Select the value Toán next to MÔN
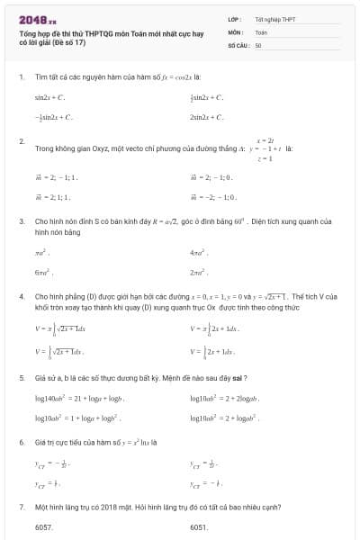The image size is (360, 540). pyautogui.click(x=261, y=31)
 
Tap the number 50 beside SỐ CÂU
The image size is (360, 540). pyautogui.click(x=258, y=44)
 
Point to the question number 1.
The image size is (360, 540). pyautogui.click(x=21, y=76)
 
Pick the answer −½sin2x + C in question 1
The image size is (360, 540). pyautogui.click(x=53, y=117)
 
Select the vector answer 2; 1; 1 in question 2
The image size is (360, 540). pyautogui.click(x=53, y=194)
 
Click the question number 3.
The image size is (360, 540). pyautogui.click(x=21, y=220)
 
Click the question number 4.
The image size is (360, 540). pyautogui.click(x=21, y=295)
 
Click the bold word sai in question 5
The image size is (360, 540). pyautogui.click(x=239, y=377)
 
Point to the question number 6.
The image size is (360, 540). pyautogui.click(x=21, y=443)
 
